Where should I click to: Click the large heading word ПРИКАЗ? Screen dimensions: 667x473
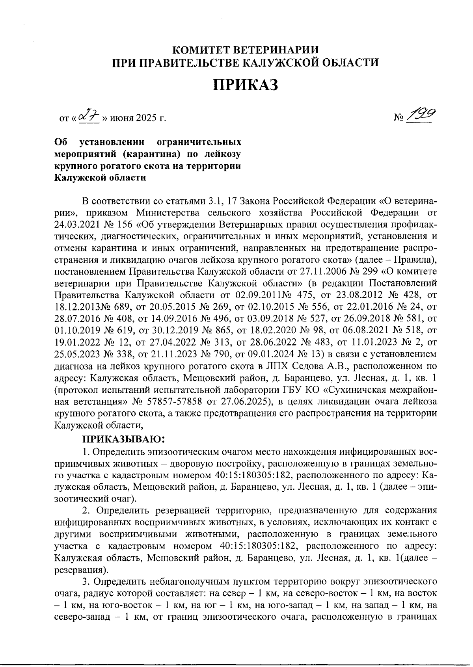point(246,85)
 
